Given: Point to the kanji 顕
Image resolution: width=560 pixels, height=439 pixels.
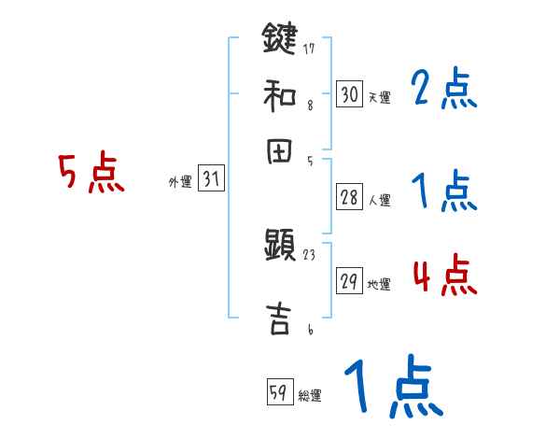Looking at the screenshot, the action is tap(279, 248).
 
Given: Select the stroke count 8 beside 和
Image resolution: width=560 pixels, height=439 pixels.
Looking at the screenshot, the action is tap(309, 105).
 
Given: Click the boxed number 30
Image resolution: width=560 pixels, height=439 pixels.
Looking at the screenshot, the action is tap(349, 93).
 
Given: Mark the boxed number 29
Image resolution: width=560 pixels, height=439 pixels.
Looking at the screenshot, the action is tap(349, 281).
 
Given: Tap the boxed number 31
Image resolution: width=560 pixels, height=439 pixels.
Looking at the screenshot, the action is tap(211, 179).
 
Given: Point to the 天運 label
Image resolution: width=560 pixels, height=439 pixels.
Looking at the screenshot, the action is tap(379, 97).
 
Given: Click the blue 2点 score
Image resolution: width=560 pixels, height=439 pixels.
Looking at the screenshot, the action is tap(444, 90).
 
